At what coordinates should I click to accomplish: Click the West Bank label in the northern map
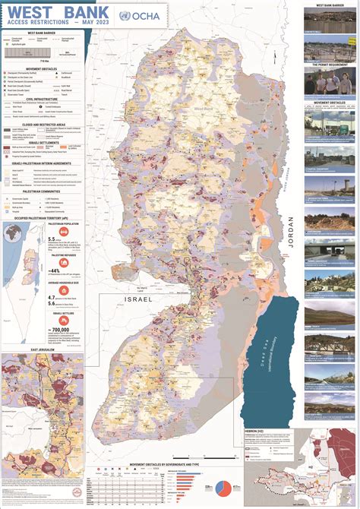(x=204, y=109)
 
